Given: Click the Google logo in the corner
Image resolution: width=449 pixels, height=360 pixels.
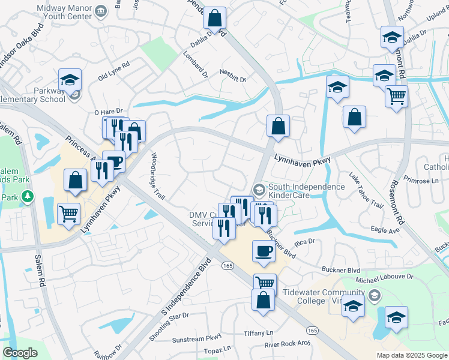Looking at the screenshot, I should pyautogui.click(x=20, y=353).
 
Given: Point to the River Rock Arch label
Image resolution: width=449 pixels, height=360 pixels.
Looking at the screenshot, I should pyautogui.click(x=288, y=344).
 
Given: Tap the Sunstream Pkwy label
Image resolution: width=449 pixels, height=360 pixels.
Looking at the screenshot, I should pyautogui.click(x=197, y=339).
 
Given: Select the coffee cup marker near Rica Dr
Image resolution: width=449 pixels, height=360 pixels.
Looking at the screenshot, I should pyautogui.click(x=264, y=251).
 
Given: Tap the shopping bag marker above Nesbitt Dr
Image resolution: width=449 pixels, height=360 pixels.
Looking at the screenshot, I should pyautogui.click(x=214, y=19).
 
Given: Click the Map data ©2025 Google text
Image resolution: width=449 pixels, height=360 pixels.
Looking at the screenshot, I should pyautogui.click(x=411, y=355).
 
